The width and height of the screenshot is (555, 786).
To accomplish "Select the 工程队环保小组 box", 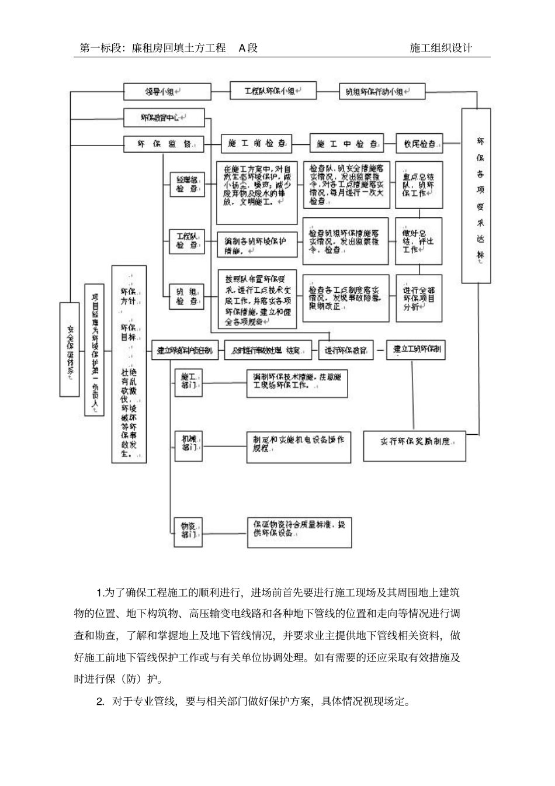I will pyautogui.click(x=273, y=91).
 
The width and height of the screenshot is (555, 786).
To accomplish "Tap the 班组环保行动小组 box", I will pyautogui.click(x=382, y=92).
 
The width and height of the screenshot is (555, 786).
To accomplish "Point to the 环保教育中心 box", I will pyautogui.click(x=164, y=117).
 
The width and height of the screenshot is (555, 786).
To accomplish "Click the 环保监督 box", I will pyautogui.click(x=164, y=144).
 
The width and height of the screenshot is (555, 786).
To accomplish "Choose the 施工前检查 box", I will pyautogui.click(x=256, y=143).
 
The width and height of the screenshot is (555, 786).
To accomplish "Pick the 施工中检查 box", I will pyautogui.click(x=346, y=143).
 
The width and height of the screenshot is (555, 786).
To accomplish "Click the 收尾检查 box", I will pyautogui.click(x=419, y=143).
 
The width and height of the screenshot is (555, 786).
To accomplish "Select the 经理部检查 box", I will pyautogui.click(x=187, y=185).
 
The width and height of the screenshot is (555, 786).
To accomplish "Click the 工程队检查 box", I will pyautogui.click(x=187, y=241).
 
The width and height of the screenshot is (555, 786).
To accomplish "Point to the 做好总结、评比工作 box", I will pyautogui.click(x=419, y=241).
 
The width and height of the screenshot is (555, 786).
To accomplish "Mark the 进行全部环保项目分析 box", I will pyautogui.click(x=419, y=298).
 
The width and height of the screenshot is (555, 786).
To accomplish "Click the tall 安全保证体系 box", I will pyautogui.click(x=70, y=349).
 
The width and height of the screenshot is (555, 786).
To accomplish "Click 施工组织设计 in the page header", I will pyautogui.click(x=441, y=49).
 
